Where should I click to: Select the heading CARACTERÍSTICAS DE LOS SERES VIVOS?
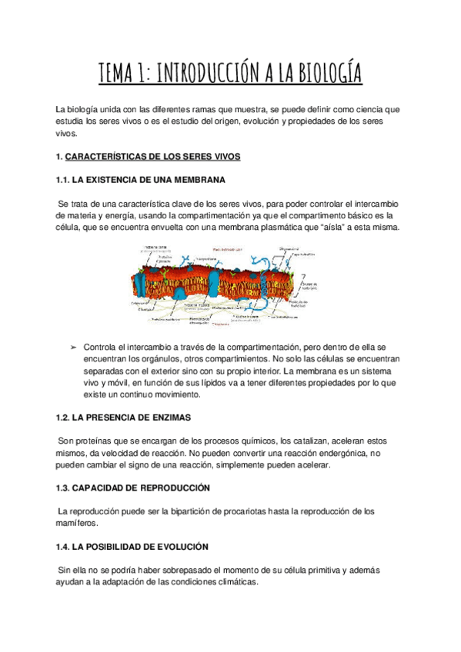[x=153, y=157]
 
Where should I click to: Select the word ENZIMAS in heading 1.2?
[x=169, y=417]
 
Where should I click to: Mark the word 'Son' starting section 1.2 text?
[x=67, y=441]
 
